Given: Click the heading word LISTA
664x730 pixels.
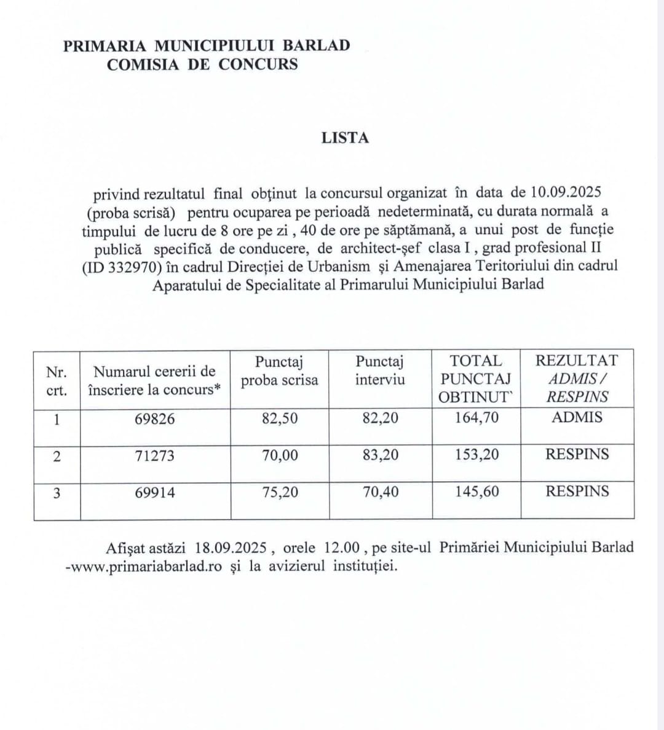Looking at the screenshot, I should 345,138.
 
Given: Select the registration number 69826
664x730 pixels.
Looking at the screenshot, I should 155,419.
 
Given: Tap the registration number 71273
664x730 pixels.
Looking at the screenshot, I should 155,456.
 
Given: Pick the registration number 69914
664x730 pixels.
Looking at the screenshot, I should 155,492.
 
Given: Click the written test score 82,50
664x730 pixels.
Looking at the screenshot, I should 280,418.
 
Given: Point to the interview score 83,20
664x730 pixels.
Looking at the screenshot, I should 380,455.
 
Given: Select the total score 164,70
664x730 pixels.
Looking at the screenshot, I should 477,418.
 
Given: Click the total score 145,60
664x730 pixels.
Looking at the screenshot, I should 477,492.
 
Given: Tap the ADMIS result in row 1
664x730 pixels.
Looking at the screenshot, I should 577,417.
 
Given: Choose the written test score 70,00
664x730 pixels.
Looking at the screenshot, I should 280,455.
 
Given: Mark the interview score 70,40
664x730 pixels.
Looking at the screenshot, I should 380,492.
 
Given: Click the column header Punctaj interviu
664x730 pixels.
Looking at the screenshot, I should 380,371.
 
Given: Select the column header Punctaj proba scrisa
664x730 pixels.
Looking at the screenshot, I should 280,371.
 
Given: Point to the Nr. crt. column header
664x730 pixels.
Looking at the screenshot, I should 57,381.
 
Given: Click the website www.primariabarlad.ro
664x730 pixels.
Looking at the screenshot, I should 146,567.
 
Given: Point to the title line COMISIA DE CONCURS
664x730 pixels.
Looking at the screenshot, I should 202,64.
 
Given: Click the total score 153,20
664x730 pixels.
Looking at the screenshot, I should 477,455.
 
